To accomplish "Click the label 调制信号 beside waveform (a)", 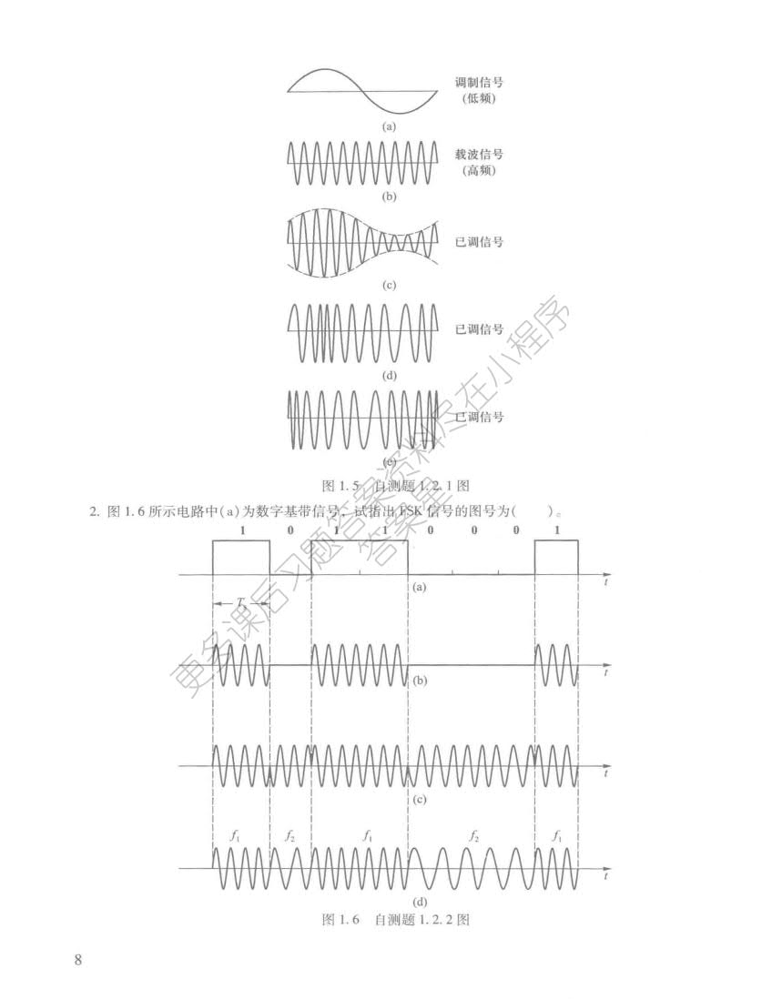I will coord(479,82).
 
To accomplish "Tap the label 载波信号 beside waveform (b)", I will coord(479,155).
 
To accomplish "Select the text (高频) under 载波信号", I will coord(479,170).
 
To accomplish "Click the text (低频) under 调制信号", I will coord(479,97).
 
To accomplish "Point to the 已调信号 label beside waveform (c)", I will coord(479,242).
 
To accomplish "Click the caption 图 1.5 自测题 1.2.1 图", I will coord(396,485).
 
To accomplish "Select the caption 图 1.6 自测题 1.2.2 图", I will coord(396,920).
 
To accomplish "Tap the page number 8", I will coord(78,960).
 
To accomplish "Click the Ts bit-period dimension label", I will coord(240,604).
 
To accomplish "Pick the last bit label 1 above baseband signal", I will coord(556,530).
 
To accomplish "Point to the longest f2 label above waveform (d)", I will coord(473,834).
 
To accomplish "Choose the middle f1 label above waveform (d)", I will coord(367,834).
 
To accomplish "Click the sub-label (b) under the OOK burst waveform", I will coord(420,680).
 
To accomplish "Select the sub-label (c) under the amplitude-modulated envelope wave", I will coord(390,285).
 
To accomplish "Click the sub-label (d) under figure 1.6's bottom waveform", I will coord(420,903).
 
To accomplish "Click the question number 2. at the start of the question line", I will coord(94,512).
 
